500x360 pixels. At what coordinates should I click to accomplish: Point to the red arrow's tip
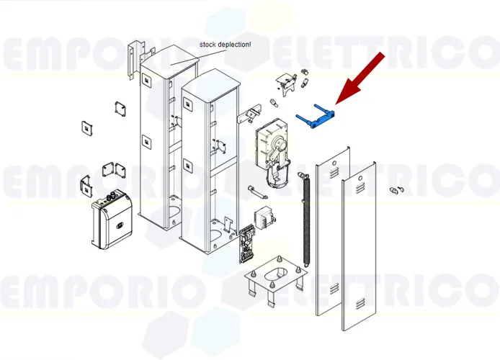click(x=336, y=103)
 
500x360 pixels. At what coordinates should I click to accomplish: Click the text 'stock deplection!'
click(x=226, y=45)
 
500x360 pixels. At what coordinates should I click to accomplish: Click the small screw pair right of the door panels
click(x=395, y=190)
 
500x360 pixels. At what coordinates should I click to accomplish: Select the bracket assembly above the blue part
click(x=290, y=85)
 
